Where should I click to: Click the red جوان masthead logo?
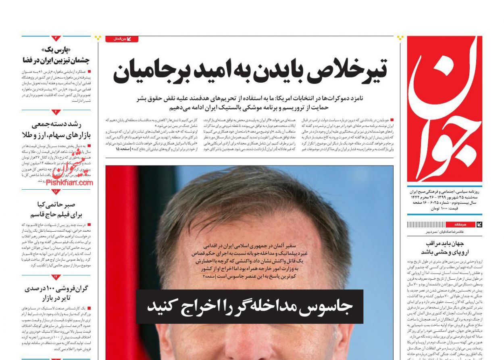pyautogui.click(x=444, y=109)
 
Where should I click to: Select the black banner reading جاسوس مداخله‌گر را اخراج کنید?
pyautogui.click(x=249, y=307)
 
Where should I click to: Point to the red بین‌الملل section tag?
pyautogui.click(x=122, y=39)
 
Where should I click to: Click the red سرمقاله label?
pyautogui.click(x=460, y=224)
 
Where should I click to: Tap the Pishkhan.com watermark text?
pyautogui.click(x=69, y=182)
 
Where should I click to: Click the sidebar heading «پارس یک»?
pyautogui.click(x=56, y=50)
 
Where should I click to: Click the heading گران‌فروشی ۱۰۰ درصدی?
pyautogui.click(x=56, y=289)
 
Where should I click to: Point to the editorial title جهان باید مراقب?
pyautogui.click(x=445, y=243)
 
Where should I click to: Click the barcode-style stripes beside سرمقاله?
pyautogui.click(x=425, y=224)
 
